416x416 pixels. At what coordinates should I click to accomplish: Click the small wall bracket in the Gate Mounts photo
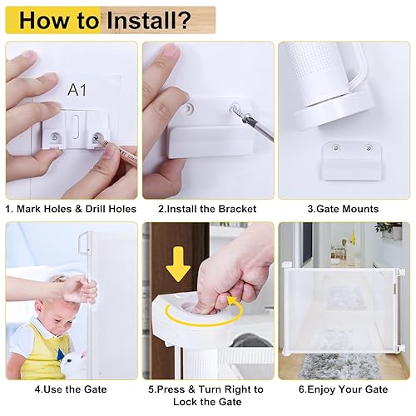coord(346,157)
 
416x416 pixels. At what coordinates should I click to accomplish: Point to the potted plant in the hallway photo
coord(389,231)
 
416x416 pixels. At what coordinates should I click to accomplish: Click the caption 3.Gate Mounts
coord(343,209)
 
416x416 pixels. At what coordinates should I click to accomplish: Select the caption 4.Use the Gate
coord(70,389)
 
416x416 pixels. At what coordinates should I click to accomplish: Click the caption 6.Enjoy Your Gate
coord(343,389)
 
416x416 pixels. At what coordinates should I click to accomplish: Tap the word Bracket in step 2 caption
coord(236,209)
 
